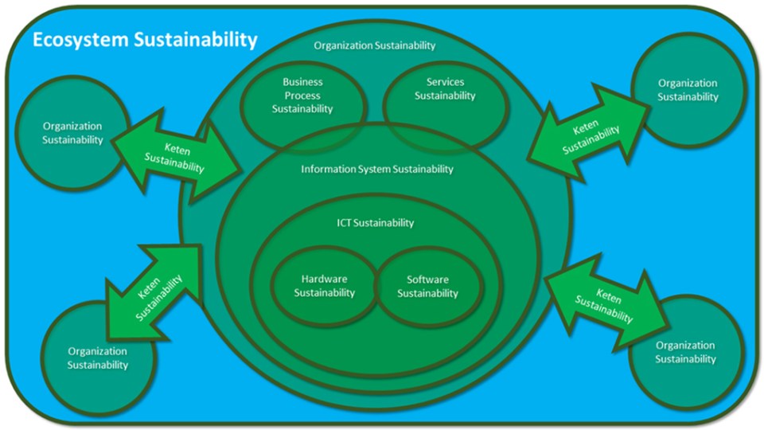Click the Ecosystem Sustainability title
[x=145, y=39]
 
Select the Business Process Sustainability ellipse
[x=302, y=96]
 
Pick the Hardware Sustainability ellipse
[x=325, y=287]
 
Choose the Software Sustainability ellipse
[x=428, y=287]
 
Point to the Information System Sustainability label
[x=377, y=169]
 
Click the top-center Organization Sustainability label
[x=375, y=45]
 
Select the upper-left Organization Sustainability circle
[x=72, y=133]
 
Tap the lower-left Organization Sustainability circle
[x=98, y=358]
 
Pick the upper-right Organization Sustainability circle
[x=688, y=90]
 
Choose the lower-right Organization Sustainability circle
[x=685, y=352]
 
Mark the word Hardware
[x=325, y=279]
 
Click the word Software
[x=427, y=279]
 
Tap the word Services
[x=445, y=82]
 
